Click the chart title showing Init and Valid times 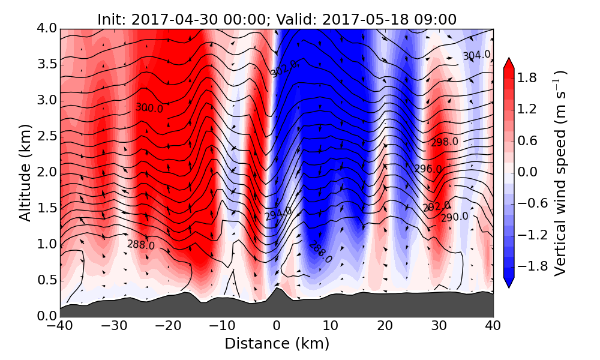[x=277, y=19]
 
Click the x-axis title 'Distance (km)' [x=277, y=344]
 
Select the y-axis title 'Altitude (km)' [x=25, y=173]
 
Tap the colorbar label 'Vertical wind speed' [x=560, y=173]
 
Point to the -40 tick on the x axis [x=60, y=327]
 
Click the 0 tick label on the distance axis [x=277, y=327]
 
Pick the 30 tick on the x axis [x=439, y=327]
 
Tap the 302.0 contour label [x=284, y=70]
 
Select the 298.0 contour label [x=444, y=142]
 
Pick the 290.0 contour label [x=454, y=217]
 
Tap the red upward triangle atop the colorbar [x=508, y=62]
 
